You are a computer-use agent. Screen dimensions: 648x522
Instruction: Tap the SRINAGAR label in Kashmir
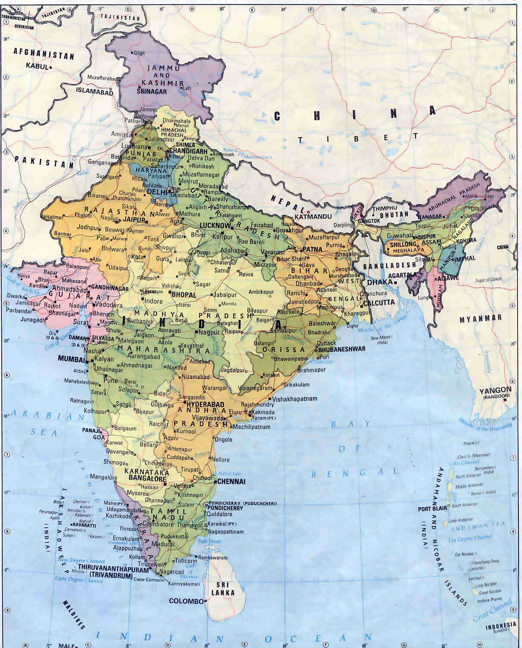[152, 92]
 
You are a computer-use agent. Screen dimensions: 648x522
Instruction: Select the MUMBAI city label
[71, 358]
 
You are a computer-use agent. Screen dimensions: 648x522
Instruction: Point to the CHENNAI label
[231, 481]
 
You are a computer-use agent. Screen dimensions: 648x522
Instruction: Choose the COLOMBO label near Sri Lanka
[186, 601]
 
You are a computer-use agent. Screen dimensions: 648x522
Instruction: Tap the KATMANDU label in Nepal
[313, 216]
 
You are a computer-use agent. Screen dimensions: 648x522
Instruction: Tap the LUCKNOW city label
[215, 226]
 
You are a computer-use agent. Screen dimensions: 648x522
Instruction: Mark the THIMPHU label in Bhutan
[385, 208]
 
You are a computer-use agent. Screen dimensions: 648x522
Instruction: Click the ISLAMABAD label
[95, 91]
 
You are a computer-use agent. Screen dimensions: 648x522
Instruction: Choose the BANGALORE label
[145, 478]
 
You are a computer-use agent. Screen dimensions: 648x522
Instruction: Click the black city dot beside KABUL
[51, 68]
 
